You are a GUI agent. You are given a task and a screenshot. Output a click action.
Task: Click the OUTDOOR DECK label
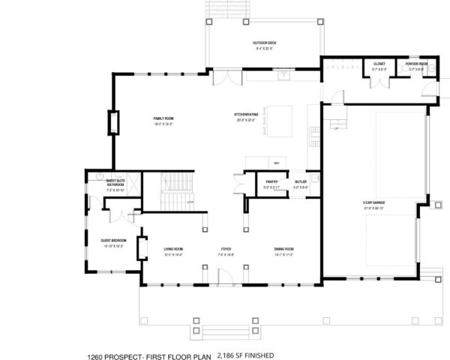click(x=263, y=43)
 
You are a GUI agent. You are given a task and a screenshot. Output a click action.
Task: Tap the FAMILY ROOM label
click(x=163, y=118)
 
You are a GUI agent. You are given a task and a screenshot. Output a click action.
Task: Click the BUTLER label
click(x=300, y=181)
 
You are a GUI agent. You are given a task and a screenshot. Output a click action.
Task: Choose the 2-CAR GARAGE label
click(x=373, y=202)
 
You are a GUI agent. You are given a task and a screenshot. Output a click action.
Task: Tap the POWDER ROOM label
click(x=416, y=64)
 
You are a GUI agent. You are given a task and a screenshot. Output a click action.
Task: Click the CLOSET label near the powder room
click(x=379, y=64)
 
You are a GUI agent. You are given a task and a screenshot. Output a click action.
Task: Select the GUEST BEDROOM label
click(x=113, y=240)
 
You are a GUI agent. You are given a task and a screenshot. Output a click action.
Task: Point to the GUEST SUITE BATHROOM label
click(x=115, y=182)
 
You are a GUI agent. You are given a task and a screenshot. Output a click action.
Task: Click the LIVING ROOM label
click(x=173, y=249)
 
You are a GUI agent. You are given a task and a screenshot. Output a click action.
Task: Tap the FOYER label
click(x=226, y=249)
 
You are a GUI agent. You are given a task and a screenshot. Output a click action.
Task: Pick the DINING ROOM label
click(x=283, y=249)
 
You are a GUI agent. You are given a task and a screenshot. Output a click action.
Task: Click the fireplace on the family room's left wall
click(x=113, y=122)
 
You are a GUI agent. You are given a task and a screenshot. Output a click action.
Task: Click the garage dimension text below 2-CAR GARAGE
click(x=373, y=208)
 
